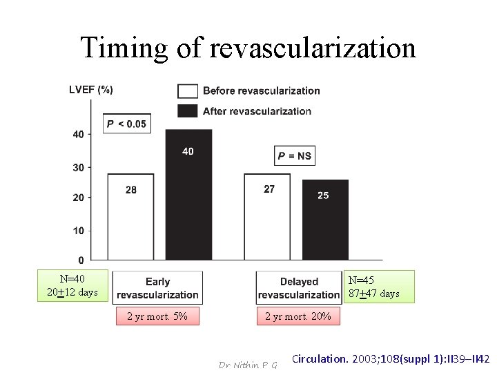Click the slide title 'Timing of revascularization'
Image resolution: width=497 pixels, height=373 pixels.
pyautogui.click(x=248, y=48)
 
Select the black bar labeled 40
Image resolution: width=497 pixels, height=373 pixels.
pyautogui.click(x=188, y=195)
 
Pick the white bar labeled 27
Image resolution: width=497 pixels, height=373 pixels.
pyautogui.click(x=268, y=217)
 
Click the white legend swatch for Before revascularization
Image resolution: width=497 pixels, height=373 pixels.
pyautogui.click(x=188, y=90)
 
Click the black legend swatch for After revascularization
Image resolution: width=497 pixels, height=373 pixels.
pyautogui.click(x=188, y=111)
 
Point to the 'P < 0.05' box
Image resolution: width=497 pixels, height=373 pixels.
pyautogui.click(x=126, y=124)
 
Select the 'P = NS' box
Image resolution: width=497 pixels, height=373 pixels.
pyautogui.click(x=295, y=156)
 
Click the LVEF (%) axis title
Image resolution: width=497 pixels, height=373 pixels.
pyautogui.click(x=91, y=89)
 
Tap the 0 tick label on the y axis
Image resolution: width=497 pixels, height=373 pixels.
pyautogui.click(x=81, y=260)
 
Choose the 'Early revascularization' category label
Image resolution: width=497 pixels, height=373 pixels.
pyautogui.click(x=157, y=288)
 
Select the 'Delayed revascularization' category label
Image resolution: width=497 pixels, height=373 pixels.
pyautogui.click(x=299, y=288)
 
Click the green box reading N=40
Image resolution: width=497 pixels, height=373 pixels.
pyautogui.click(x=73, y=286)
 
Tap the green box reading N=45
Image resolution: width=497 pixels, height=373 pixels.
pyautogui.click(x=380, y=287)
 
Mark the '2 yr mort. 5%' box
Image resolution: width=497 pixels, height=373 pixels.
pyautogui.click(x=157, y=317)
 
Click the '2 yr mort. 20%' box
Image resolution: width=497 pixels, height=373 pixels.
pyautogui.click(x=298, y=317)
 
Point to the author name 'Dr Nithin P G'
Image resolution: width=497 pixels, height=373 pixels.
pyautogui.click(x=247, y=364)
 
